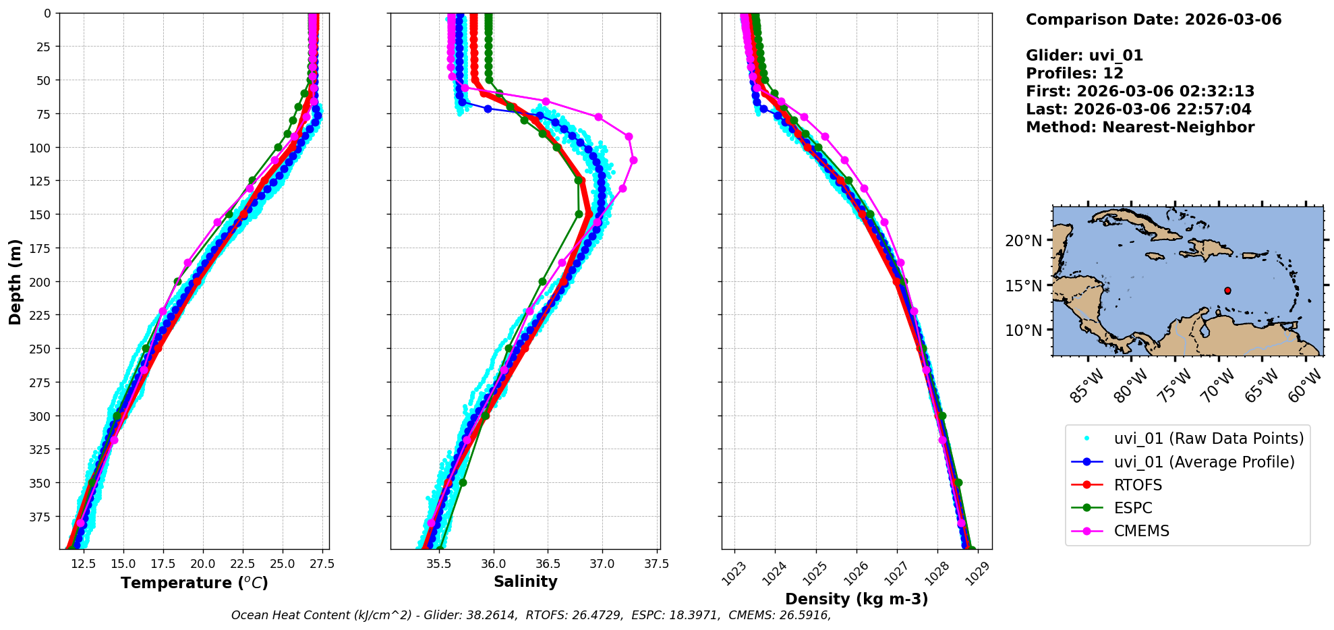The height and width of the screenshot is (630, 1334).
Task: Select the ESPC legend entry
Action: click(1133, 508)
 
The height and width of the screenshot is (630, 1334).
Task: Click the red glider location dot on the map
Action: click(1227, 291)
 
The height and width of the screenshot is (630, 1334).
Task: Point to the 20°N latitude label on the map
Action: click(1023, 241)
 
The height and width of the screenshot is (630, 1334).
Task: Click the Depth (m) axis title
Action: click(15, 281)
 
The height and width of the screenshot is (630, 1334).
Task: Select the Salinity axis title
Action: click(525, 581)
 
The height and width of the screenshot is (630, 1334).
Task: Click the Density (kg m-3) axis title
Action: click(857, 599)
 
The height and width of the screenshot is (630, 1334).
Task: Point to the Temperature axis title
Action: click(194, 583)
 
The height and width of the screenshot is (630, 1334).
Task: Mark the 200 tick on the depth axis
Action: click(41, 282)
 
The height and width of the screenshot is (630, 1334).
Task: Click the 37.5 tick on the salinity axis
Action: click(656, 564)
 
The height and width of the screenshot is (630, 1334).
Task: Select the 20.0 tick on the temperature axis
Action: click(202, 564)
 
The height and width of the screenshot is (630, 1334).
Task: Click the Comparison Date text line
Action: click(1153, 20)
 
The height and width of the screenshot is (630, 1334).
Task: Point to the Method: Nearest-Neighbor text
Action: click(1140, 127)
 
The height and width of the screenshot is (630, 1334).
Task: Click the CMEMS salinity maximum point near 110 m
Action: click(633, 161)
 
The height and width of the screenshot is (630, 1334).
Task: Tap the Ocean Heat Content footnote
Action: click(531, 615)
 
